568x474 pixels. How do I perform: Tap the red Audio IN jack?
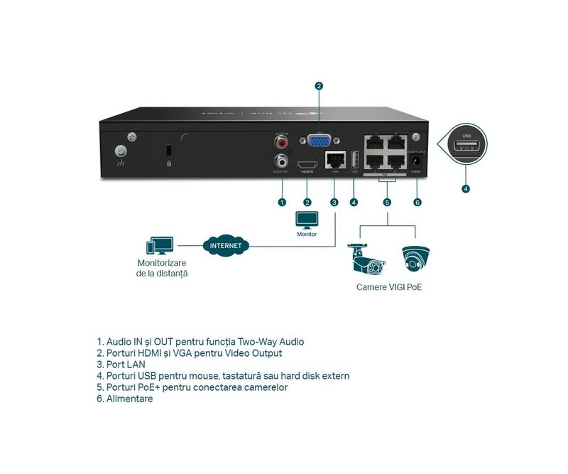pyautogui.click(x=282, y=142)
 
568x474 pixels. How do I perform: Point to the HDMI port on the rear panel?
pyautogui.click(x=307, y=162)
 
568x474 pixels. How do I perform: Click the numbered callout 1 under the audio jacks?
pyautogui.click(x=282, y=203)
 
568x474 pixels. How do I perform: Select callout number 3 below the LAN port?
pyautogui.click(x=334, y=203)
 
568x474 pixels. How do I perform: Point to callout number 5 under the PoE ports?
pyautogui.click(x=387, y=203)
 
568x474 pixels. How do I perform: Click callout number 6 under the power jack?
pyautogui.click(x=417, y=203)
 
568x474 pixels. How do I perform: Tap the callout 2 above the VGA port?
pyautogui.click(x=319, y=86)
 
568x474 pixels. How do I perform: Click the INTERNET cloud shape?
pyautogui.click(x=226, y=246)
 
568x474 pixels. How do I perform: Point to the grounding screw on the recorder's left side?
pyautogui.click(x=121, y=151)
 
